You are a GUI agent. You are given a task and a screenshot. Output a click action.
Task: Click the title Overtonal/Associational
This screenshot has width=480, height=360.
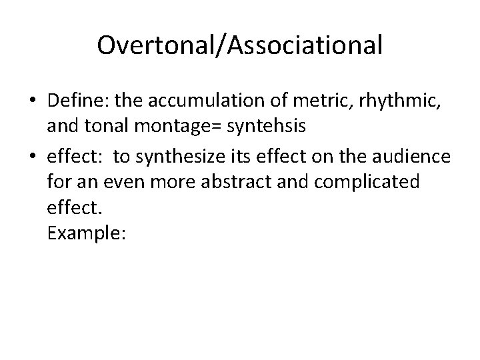tap(240, 45)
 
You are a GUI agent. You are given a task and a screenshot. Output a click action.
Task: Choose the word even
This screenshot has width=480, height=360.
tap(121, 182)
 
